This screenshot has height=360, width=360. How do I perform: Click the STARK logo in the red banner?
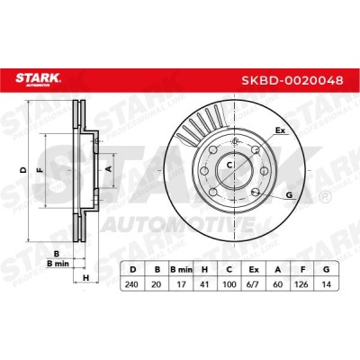(x=38, y=80)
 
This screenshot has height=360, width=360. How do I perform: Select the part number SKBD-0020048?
(x=292, y=80)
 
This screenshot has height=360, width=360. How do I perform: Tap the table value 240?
(x=131, y=283)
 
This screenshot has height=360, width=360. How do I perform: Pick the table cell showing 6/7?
(x=254, y=283)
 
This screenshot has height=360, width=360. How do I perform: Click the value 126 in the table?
(x=301, y=283)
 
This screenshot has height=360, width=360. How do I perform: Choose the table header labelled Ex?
(x=254, y=269)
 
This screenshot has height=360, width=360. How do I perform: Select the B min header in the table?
(x=181, y=269)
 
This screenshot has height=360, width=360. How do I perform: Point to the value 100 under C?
(x=229, y=283)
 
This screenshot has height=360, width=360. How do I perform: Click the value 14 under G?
(x=326, y=283)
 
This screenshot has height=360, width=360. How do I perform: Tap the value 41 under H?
(x=205, y=283)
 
